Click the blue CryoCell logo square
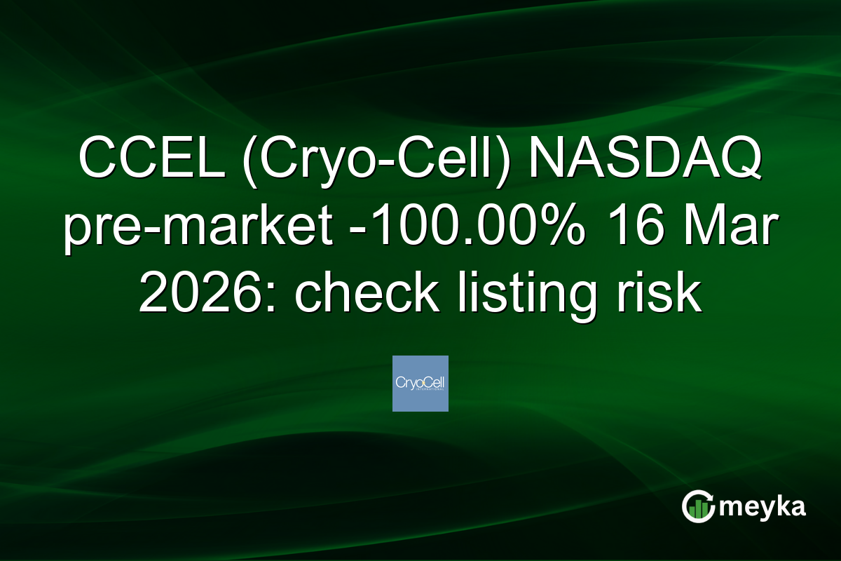(x=420, y=383)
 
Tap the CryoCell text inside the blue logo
(x=420, y=383)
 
